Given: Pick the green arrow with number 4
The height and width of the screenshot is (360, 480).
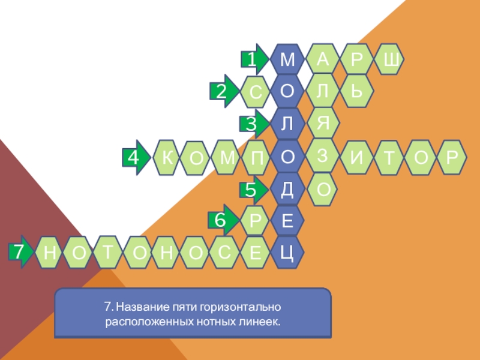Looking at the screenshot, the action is coord(136,157).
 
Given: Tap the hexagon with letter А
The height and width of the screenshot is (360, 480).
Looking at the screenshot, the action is coord(323,59).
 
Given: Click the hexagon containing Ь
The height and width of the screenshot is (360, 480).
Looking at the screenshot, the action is coord(356,91).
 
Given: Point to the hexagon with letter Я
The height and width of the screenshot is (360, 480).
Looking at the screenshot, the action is coord(323,122).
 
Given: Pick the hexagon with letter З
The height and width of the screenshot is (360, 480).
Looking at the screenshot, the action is coord(323,155).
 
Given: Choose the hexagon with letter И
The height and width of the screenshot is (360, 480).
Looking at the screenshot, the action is coord(356,158).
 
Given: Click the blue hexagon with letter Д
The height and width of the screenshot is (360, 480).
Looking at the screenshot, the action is coord(287,189).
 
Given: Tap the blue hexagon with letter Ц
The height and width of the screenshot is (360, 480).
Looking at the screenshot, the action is coord(287,253).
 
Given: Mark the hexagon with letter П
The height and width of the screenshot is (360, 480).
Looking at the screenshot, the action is coord(254,157).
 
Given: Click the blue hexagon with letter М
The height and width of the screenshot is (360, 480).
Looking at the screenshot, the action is coord(287,59).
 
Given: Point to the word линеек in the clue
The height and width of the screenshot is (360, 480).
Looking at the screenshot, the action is coord(263,322).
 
